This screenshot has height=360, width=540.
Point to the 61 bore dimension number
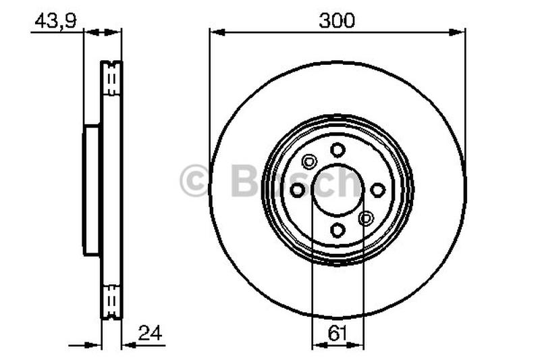[337, 333]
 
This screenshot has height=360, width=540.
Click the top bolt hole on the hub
[337, 150]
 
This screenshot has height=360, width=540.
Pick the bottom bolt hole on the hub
[337, 230]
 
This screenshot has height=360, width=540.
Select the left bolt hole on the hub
[298, 190]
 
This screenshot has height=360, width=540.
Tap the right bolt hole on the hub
[378, 190]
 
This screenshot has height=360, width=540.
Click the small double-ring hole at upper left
[309, 161]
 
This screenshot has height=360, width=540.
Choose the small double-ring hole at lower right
[366, 218]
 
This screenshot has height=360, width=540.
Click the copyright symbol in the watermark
[194, 182]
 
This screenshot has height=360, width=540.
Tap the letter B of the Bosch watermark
[245, 181]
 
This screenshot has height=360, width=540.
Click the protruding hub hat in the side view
[92, 190]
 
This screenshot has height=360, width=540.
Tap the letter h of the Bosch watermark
[348, 181]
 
